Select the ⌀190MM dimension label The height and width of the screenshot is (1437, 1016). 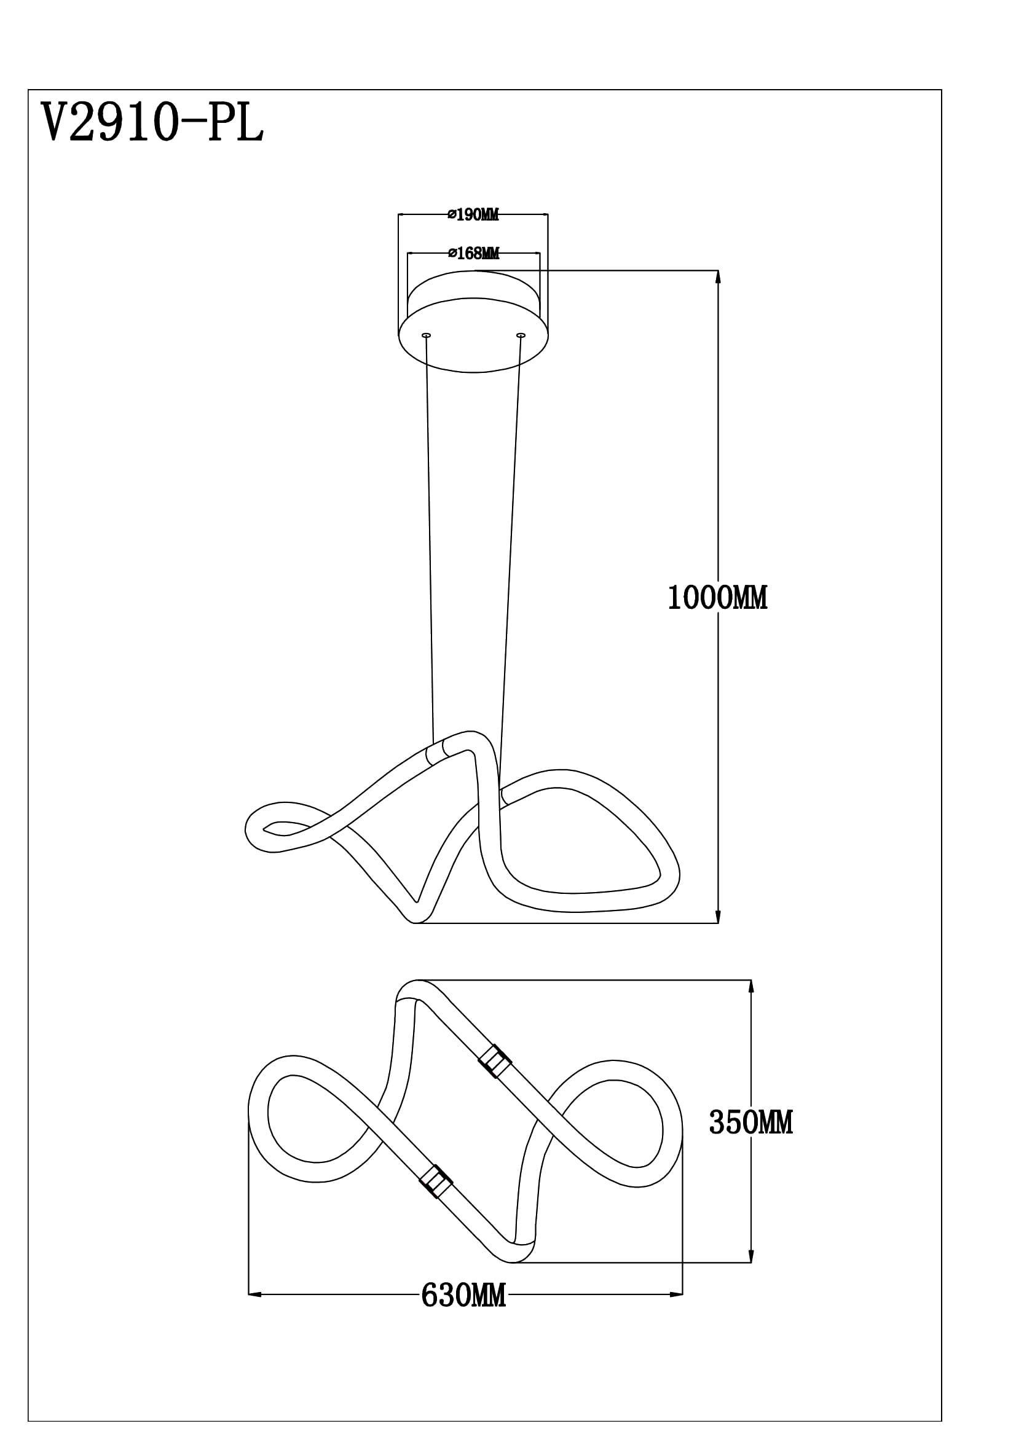pos(473,214)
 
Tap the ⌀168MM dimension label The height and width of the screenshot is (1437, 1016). pos(474,254)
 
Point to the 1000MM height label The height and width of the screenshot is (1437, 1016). pos(717,598)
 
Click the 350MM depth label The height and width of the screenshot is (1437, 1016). pos(750,1124)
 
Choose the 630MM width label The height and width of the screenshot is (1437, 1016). pos(463,1296)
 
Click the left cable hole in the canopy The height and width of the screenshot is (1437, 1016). pos(427,336)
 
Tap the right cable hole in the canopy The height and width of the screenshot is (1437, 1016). pos(520,336)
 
